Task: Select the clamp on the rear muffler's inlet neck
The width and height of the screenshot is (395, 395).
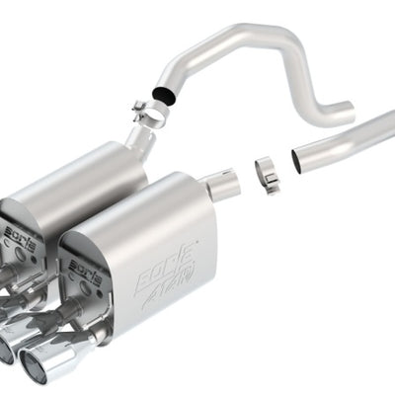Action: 149,117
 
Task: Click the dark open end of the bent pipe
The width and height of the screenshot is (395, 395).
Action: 160,96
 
